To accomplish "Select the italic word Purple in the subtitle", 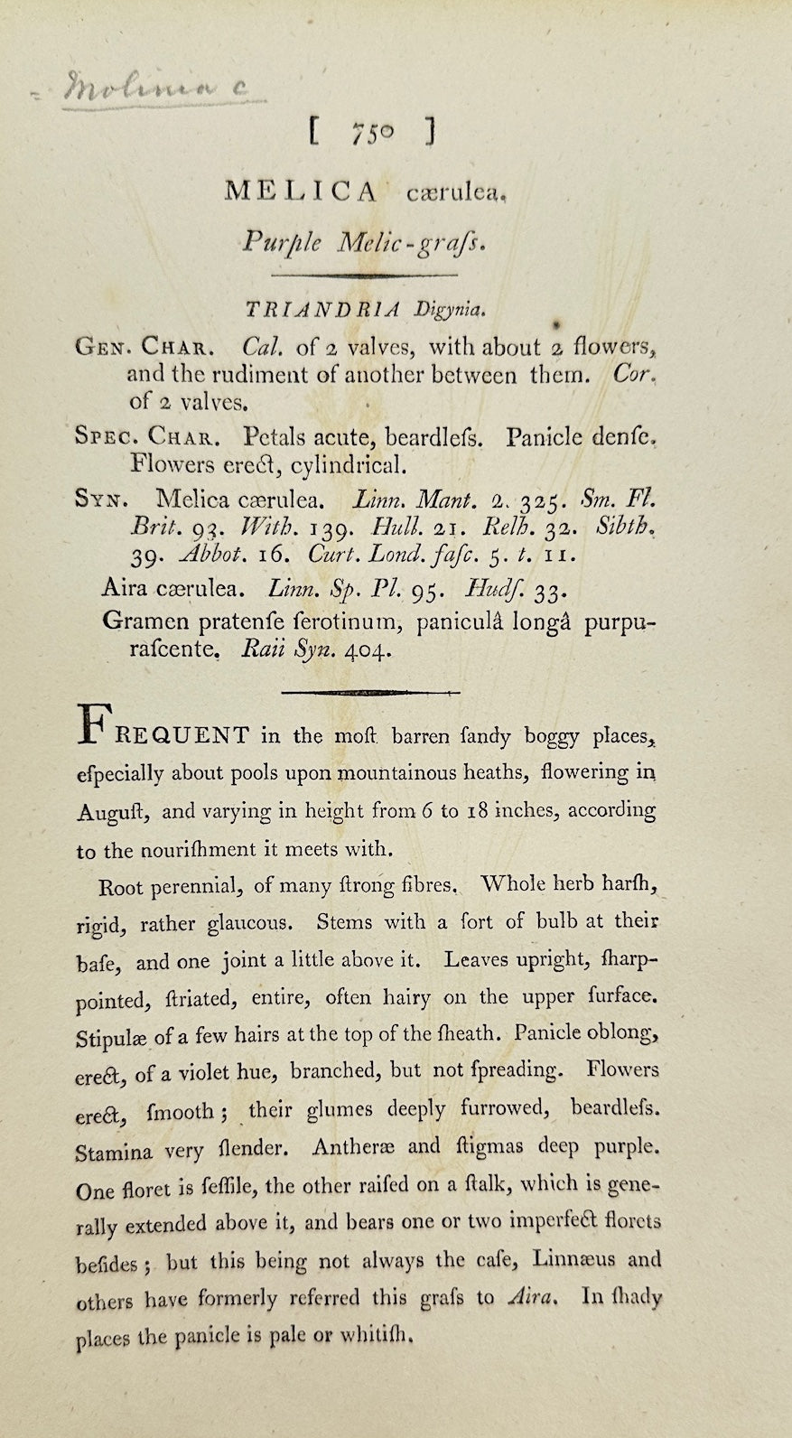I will click(x=272, y=240).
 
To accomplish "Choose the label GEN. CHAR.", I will click(x=144, y=347).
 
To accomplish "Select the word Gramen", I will click(x=142, y=621).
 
